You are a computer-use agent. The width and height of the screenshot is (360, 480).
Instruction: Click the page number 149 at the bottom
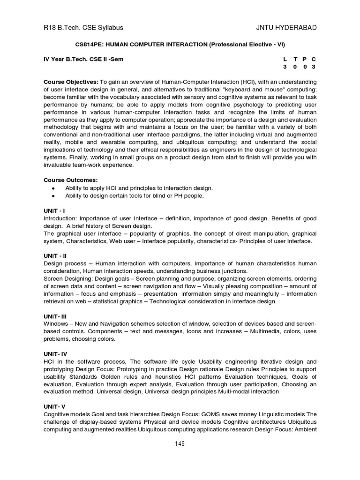179,444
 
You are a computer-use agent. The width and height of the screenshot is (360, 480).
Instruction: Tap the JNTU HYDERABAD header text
286,28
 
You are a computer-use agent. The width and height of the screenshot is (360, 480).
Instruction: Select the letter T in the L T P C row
295,59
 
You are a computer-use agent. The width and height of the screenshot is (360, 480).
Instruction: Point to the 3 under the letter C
313,67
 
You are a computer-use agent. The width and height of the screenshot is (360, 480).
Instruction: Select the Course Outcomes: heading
71,180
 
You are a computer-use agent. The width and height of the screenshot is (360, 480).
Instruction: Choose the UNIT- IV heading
56,354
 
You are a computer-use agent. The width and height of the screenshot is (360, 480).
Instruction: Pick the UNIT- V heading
55,406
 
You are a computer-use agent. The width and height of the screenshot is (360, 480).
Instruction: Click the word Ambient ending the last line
305,429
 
